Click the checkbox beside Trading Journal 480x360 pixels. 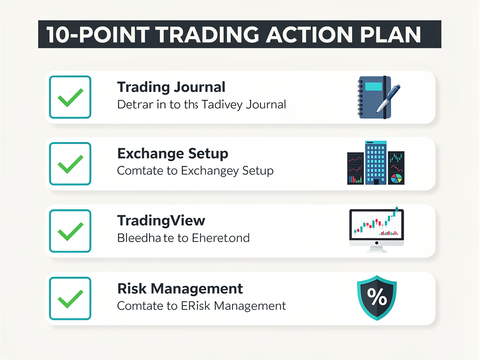(70, 97)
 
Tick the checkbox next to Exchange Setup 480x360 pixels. (70, 164)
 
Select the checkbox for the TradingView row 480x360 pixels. (70, 231)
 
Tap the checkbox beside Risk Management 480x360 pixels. (70, 298)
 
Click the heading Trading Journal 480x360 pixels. (171, 87)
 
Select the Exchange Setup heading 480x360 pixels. (172, 154)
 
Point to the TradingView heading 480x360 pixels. (161, 221)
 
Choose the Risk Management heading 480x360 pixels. (180, 288)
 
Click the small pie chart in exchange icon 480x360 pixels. (397, 178)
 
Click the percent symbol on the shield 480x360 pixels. (376, 295)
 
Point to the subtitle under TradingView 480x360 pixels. (183, 238)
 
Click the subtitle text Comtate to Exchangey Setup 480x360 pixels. (195, 171)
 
